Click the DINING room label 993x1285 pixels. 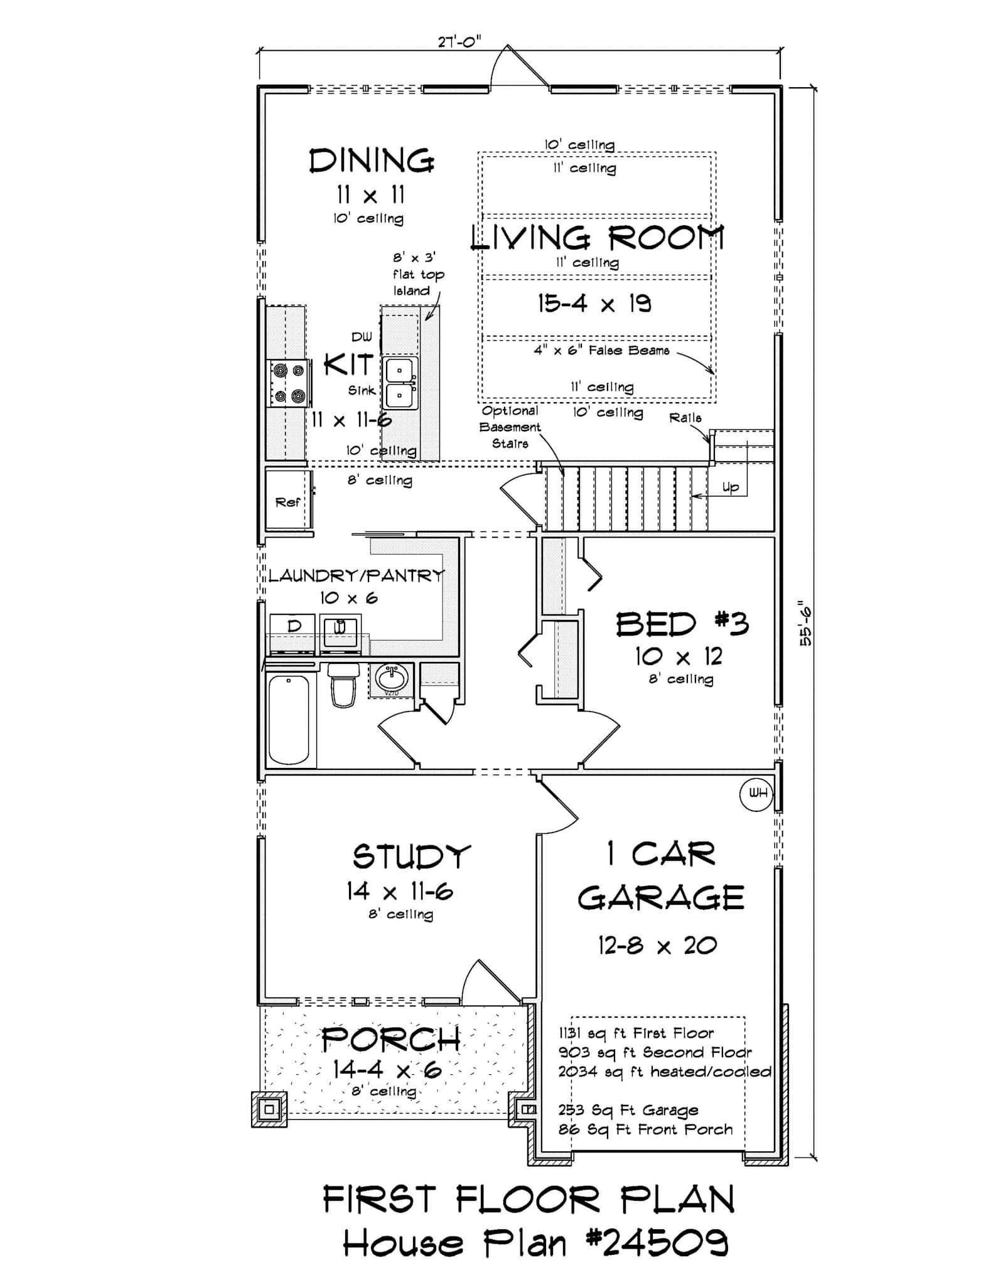pos(372,161)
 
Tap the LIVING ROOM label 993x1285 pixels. pos(597,238)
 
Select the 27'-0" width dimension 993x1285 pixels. pos(459,42)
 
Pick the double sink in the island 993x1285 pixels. pos(400,383)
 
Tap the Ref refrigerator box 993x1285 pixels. pos(288,501)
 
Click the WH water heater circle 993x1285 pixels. pos(757,793)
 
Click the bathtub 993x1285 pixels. pos(289,719)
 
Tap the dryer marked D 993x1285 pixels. pos(293,631)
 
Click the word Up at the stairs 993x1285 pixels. pos(731,488)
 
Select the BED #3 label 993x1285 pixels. pos(682,624)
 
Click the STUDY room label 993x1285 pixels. pos(411,856)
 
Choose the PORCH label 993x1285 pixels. pos(391,1040)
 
